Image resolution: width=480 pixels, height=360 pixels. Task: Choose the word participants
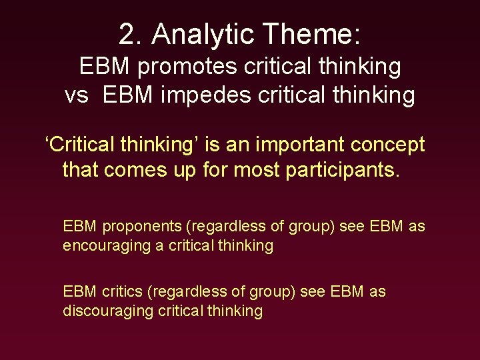coord(343,170)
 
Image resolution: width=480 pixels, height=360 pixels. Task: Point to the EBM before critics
coord(81,291)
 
